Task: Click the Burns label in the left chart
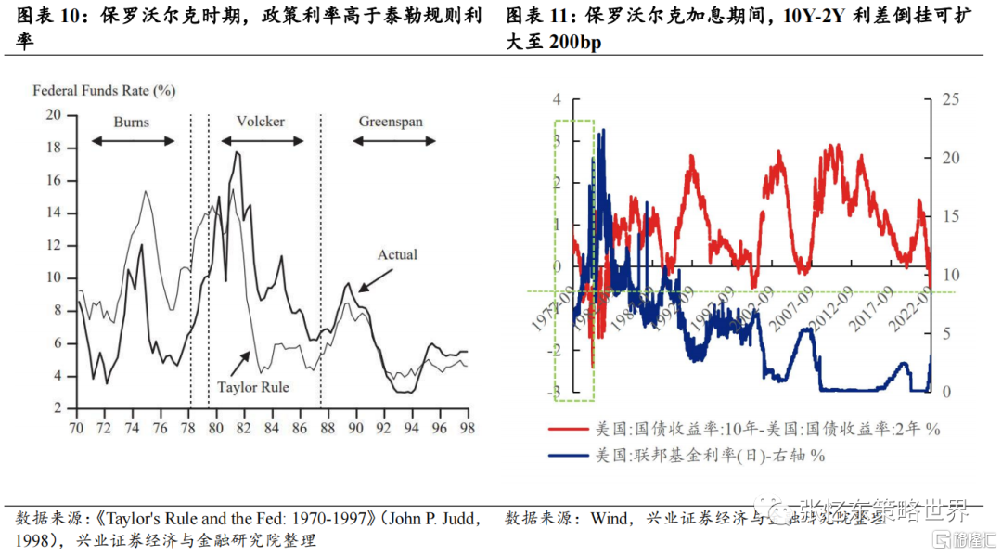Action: coord(132,122)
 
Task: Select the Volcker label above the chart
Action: coord(261,122)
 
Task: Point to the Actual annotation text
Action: coord(397,254)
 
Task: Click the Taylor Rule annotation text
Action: coord(252,386)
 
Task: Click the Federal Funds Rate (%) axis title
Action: coord(104,91)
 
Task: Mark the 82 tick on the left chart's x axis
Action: coord(239,428)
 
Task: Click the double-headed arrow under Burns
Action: coord(133,141)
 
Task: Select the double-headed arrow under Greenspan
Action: coord(393,141)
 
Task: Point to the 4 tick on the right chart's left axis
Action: coord(557,99)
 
